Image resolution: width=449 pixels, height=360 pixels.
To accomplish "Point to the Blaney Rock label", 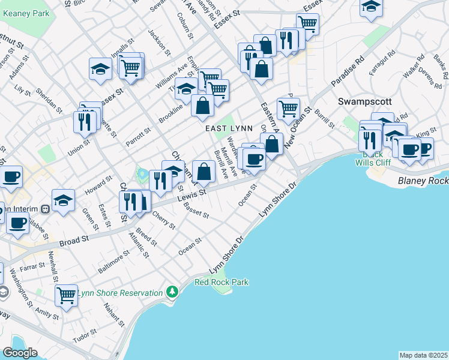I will (x=423, y=180).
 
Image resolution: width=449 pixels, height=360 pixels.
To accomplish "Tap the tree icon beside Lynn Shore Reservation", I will (x=173, y=292).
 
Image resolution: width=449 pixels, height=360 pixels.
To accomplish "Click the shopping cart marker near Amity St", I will (x=66, y=295).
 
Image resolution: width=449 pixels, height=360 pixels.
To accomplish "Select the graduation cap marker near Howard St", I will (x=63, y=201).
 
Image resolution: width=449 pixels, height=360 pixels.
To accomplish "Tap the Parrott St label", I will (x=138, y=136).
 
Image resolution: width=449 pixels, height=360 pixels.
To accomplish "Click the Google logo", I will (x=20, y=353).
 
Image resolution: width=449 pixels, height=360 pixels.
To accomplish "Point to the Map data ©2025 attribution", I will (x=423, y=355).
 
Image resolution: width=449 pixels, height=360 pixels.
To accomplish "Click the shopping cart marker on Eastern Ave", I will (x=289, y=109).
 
